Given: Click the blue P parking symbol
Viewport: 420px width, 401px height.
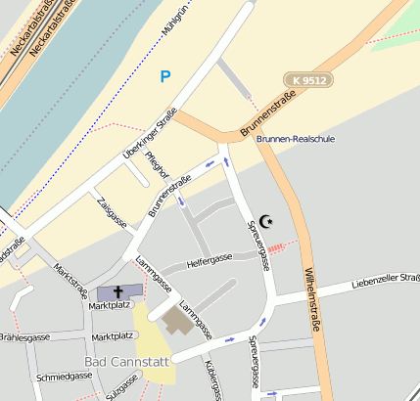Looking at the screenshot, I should [x=164, y=75].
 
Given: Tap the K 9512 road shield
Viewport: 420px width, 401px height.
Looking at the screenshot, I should [x=306, y=78].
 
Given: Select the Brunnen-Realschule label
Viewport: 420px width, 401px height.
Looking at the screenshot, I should [x=295, y=139].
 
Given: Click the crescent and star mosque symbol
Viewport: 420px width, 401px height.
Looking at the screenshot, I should [x=266, y=222].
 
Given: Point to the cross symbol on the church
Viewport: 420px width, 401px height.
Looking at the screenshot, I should [x=119, y=292].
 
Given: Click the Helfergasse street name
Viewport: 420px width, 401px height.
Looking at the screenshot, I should [x=210, y=259].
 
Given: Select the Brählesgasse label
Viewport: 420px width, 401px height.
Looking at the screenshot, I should [x=24, y=337].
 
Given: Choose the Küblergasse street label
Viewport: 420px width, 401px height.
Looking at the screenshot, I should [x=212, y=377].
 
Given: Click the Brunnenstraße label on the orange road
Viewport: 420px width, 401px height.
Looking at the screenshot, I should [x=267, y=115].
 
